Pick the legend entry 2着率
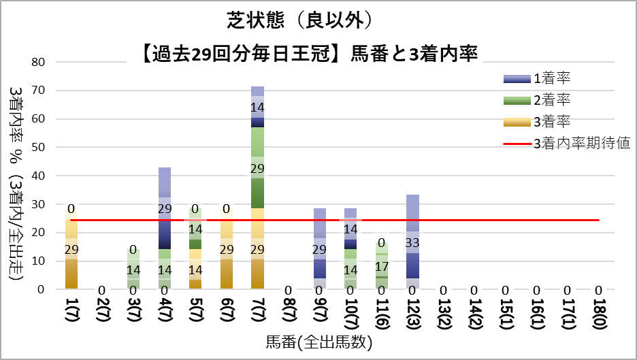pyautogui.click(x=551, y=100)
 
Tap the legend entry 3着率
pyautogui.click(x=551, y=122)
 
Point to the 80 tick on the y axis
pyautogui.click(x=38, y=61)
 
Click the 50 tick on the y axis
pyautogui.click(x=38, y=147)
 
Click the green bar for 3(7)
pyautogui.click(x=133, y=269)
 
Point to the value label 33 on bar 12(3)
pyautogui.click(x=412, y=242)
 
